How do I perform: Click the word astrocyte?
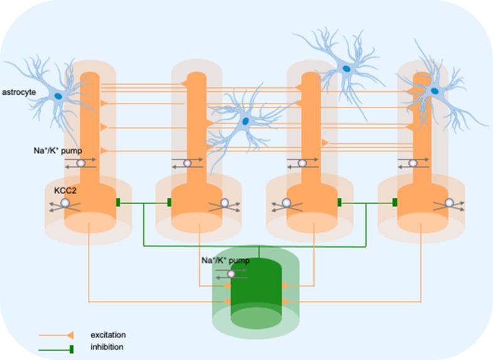18,92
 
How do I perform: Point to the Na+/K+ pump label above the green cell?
225,260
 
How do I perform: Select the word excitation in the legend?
108,335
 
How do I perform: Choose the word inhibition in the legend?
107,347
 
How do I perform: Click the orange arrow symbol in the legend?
70,335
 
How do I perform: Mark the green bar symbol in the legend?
71,347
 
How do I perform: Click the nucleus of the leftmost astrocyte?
58,95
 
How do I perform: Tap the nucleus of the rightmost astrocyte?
434,92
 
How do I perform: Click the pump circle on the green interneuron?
231,273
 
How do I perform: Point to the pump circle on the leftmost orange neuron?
81,163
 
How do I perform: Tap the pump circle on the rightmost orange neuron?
413,163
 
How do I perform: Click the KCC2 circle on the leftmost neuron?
65,203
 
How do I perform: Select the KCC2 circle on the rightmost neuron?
449,202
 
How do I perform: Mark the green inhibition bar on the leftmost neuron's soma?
118,202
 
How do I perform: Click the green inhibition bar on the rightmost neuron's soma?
395,202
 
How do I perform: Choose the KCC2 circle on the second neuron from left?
224,203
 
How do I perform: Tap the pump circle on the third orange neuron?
302,163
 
